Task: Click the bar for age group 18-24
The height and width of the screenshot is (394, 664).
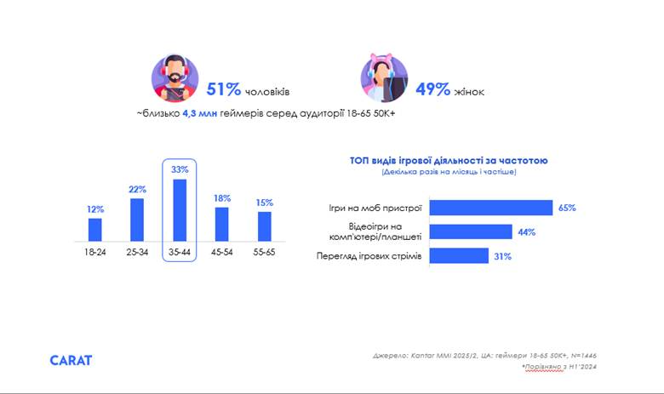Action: (x=94, y=230)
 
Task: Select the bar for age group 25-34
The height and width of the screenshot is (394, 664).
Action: (x=137, y=220)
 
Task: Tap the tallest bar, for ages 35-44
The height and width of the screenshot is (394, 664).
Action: (x=180, y=210)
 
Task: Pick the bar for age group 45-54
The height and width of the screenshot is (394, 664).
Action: (x=222, y=224)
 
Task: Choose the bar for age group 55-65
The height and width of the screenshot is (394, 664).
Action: (x=265, y=226)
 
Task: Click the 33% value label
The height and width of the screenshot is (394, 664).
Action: (x=180, y=169)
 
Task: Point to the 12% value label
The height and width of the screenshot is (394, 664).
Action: (x=94, y=209)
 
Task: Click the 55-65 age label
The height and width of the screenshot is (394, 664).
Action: (x=265, y=254)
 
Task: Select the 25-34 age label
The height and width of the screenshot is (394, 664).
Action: (x=137, y=254)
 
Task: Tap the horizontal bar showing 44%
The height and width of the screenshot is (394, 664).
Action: (x=471, y=231)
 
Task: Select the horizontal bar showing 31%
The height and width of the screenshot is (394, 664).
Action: (x=459, y=256)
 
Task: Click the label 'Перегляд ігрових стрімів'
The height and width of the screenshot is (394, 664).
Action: (x=369, y=256)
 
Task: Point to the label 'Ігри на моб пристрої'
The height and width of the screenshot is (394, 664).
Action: (x=379, y=208)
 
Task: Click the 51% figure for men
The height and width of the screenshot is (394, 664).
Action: (x=224, y=89)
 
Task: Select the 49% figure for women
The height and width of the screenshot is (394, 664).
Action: (x=432, y=89)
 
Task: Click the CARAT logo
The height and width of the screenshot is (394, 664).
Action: (x=71, y=360)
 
